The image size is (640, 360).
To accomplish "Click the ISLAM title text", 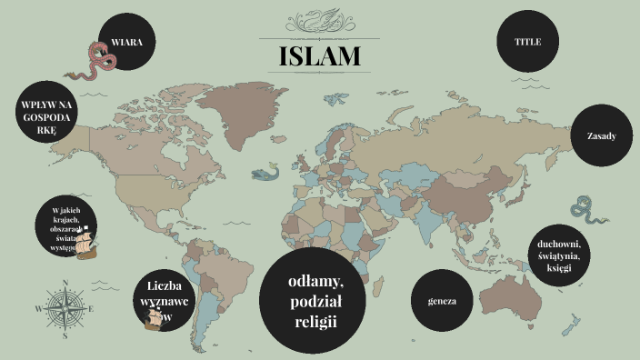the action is point(319,56).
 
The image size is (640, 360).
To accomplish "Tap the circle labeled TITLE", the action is point(527,42).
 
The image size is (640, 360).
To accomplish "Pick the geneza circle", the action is point(442,300).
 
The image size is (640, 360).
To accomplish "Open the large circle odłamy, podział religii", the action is point(313,300).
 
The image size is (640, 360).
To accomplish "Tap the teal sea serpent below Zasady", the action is point(592,214).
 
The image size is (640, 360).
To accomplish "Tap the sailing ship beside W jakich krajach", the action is point(88,244).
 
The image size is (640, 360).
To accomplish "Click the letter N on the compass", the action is point(65,283).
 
